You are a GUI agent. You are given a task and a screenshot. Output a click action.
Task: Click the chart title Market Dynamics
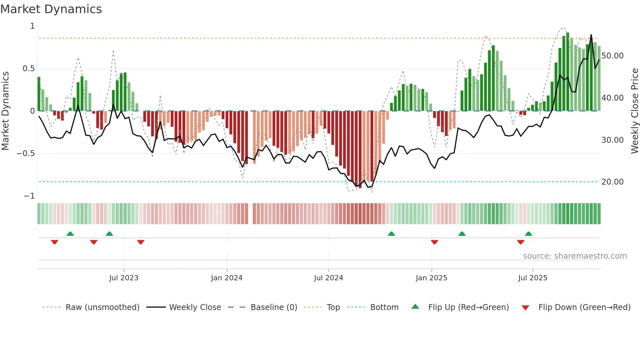[x=51, y=9]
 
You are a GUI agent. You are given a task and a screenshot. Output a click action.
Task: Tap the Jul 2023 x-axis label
[x=124, y=278]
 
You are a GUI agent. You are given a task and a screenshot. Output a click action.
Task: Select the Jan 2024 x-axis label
[x=227, y=278]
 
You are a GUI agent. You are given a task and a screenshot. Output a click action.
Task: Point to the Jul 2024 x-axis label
[x=328, y=278]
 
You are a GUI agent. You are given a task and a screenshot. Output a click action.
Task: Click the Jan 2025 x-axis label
[x=431, y=278]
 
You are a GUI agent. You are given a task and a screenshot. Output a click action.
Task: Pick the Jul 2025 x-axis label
[x=533, y=278]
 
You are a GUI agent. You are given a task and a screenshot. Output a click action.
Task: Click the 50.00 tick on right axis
[x=612, y=56]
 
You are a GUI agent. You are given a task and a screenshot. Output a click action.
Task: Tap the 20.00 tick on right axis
[x=612, y=182]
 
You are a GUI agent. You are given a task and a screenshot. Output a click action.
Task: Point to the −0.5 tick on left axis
[x=25, y=154]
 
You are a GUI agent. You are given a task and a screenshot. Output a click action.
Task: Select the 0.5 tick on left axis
[x=28, y=69]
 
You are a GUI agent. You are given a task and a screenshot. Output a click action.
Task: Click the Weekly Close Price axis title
[x=634, y=111]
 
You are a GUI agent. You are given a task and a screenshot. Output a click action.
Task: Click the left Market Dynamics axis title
[x=5, y=111]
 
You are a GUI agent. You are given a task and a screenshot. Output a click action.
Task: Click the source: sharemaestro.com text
[x=575, y=256]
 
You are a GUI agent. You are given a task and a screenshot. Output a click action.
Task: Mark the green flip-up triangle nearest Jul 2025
[x=528, y=234]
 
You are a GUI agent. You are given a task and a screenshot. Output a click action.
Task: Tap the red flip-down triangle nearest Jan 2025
[x=434, y=242]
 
